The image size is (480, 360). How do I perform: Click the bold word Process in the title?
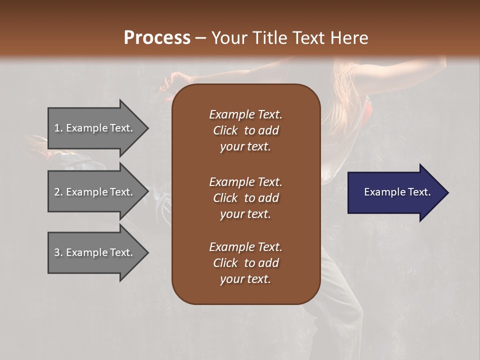coord(157,37)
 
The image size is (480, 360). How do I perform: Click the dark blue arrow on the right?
coord(395,192)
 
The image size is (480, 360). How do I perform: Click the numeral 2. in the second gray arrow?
coord(58,192)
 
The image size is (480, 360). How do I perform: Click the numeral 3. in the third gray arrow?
coord(58,252)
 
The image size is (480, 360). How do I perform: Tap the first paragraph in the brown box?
coord(245,130)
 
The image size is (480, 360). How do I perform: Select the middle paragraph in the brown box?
coord(245,197)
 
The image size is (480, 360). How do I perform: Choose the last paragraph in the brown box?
coord(245,263)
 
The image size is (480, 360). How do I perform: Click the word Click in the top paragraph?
coord(225,130)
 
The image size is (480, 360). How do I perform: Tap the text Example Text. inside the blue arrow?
coord(397,192)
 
